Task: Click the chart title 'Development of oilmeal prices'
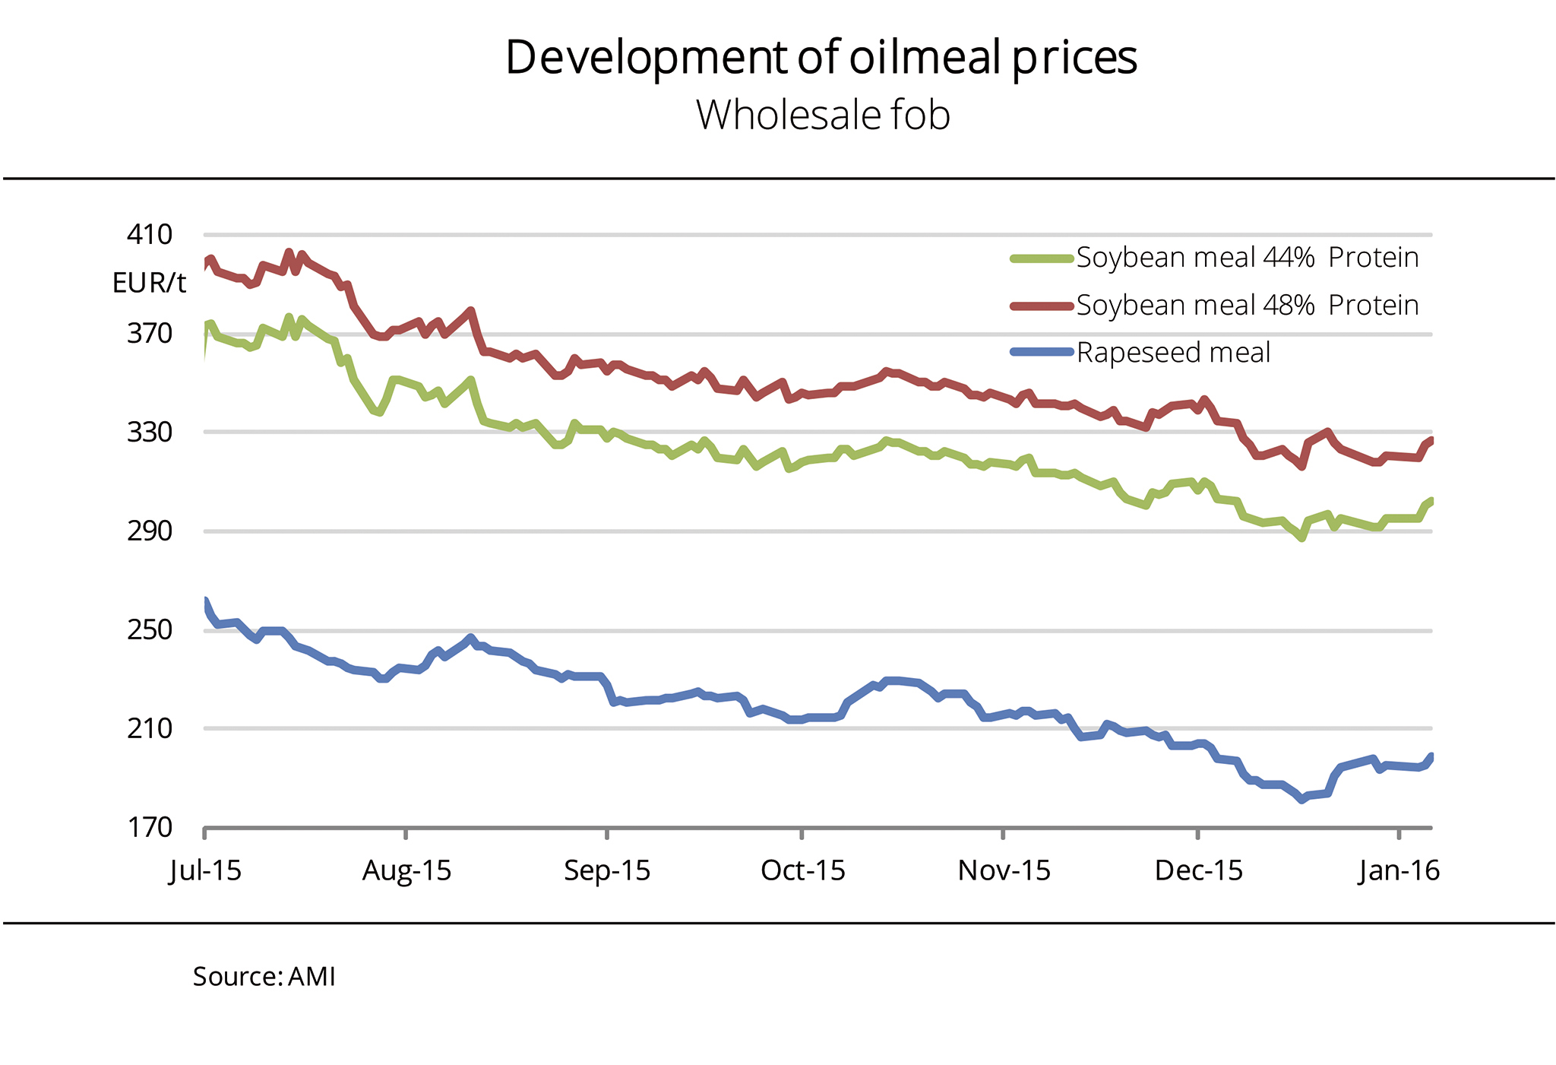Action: (x=821, y=58)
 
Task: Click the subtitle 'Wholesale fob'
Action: (x=823, y=116)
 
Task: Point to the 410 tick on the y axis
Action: (x=150, y=235)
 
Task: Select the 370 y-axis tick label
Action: (x=150, y=334)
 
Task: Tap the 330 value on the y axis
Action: (x=150, y=433)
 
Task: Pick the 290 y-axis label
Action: (x=150, y=531)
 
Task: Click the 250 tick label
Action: (x=150, y=630)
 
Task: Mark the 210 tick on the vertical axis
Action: (x=150, y=728)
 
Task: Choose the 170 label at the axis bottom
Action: (x=150, y=827)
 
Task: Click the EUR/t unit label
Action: (x=149, y=284)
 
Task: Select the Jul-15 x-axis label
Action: (x=205, y=870)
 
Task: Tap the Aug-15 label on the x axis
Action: (x=406, y=870)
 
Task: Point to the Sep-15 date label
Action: (x=607, y=870)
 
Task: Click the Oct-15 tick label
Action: (x=802, y=870)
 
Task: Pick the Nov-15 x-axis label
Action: (x=1004, y=870)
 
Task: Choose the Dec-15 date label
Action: (x=1198, y=870)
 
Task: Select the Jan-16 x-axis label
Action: (x=1399, y=870)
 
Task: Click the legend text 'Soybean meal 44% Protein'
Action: (x=1247, y=258)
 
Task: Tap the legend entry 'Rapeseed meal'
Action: (x=1173, y=353)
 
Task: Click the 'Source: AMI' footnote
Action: (x=264, y=977)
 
